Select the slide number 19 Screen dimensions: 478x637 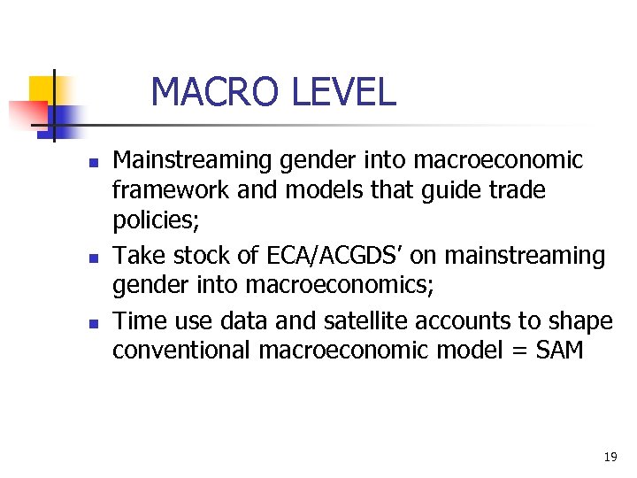pos(610,457)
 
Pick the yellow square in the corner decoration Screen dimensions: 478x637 pos(42,89)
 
